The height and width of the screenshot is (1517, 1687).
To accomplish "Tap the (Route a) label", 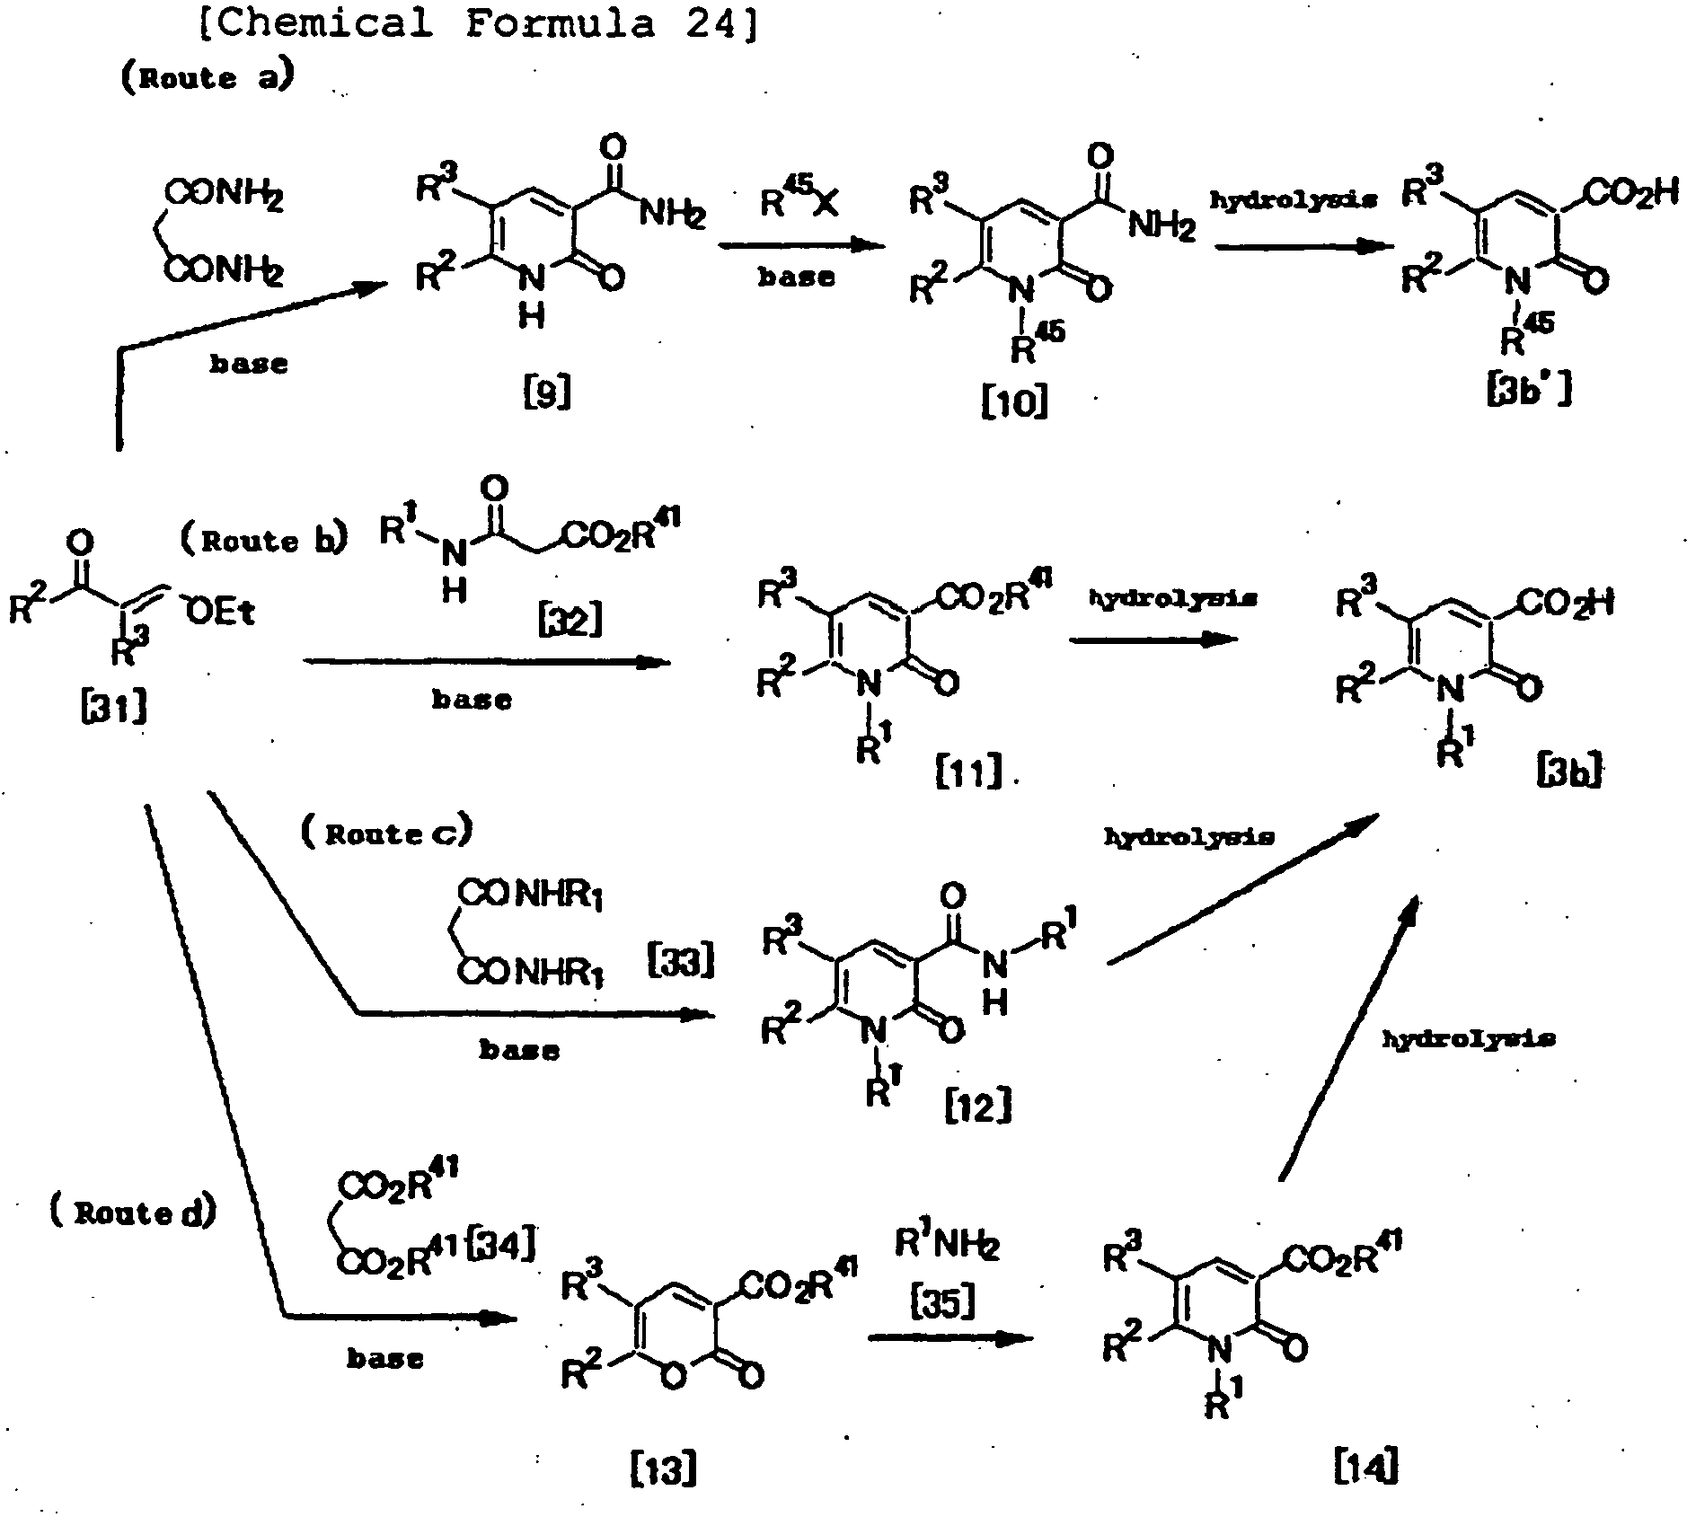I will click(207, 77).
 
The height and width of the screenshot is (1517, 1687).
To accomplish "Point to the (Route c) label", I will click(385, 833).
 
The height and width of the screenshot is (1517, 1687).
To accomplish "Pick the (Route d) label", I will click(132, 1213).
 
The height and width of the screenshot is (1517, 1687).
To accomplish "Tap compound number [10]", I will click(1014, 402).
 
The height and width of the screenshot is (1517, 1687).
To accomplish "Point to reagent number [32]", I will click(570, 620).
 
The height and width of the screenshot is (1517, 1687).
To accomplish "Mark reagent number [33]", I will click(681, 961).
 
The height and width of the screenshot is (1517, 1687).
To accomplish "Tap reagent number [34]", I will click(503, 1246).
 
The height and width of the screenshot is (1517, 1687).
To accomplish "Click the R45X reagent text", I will click(799, 201).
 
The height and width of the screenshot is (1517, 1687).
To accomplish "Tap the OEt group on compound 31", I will click(221, 612).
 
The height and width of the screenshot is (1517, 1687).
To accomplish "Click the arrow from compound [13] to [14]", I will click(950, 1338).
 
